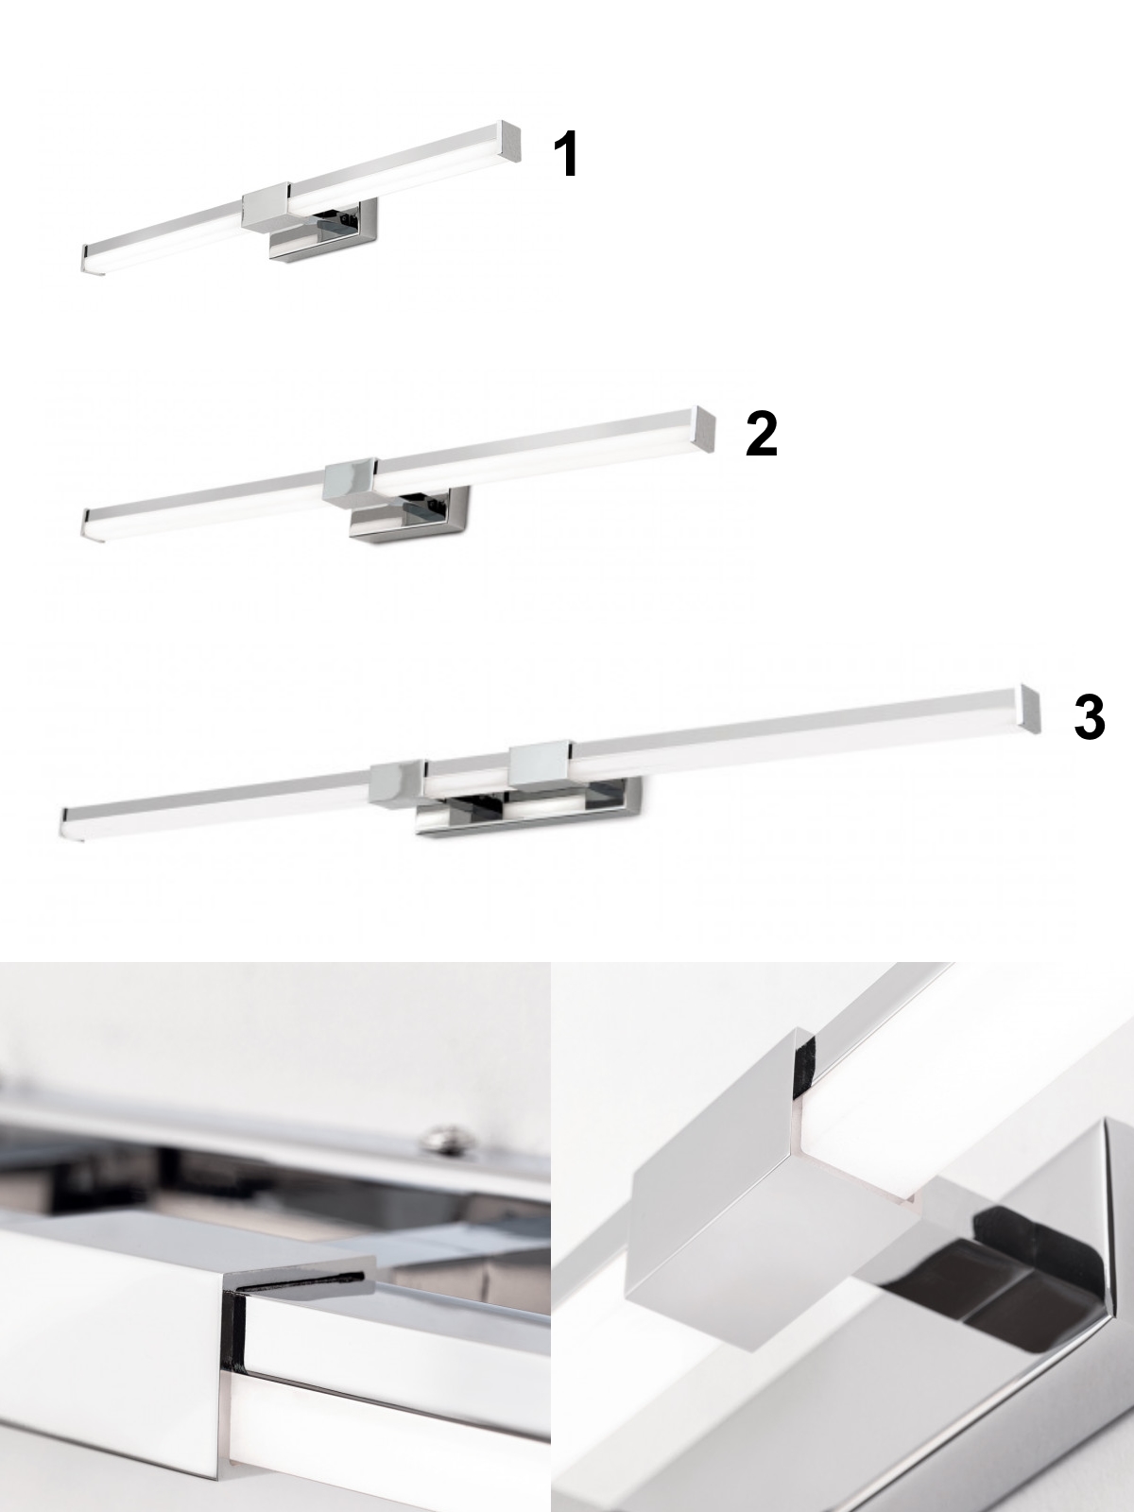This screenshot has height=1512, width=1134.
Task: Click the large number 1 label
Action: (566, 154)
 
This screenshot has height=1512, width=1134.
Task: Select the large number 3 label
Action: (1090, 718)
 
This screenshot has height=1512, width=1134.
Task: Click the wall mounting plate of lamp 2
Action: (410, 515)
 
